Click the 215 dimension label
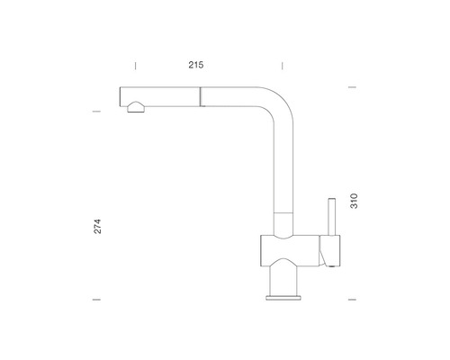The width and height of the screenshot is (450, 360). pos(196,65)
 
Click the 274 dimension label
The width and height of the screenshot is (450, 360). pos(98,227)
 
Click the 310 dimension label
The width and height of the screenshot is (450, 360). pos(354,201)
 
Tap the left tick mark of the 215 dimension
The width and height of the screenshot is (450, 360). pos(135,66)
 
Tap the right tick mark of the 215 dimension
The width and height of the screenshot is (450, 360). pos(283,66)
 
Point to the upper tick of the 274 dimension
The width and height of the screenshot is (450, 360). pos(96,112)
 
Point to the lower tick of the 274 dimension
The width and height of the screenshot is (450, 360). pos(96,300)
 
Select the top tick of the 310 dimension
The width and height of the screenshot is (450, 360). pos(352,87)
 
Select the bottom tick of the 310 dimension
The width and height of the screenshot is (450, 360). pos(352,300)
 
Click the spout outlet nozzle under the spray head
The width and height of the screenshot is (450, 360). pos(136,107)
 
